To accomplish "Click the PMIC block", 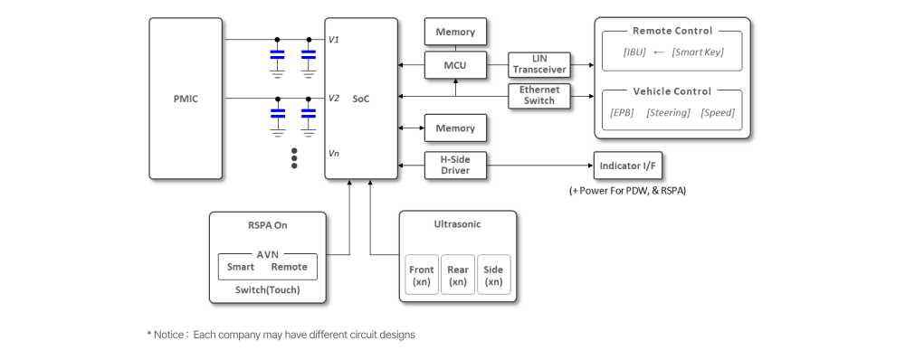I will [186, 99].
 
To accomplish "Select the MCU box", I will [455, 65].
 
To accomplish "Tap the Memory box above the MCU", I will [455, 32].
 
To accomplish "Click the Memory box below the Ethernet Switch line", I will [455, 128].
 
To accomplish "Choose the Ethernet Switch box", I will [539, 96].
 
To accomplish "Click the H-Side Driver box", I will [455, 165].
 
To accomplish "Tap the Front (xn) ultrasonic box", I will [422, 275].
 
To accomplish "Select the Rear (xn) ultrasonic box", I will [458, 275].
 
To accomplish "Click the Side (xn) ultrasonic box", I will [493, 275].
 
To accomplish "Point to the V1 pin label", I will [334, 40].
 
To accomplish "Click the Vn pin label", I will [334, 155].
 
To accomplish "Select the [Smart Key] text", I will [698, 52].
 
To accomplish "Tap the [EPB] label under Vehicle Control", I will [623, 113].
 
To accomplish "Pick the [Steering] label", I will [668, 113].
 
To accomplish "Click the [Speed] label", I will [717, 113].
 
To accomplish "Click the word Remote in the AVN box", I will [289, 267].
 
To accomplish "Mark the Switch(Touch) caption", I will [267, 290].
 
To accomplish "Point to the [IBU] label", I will [634, 52].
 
